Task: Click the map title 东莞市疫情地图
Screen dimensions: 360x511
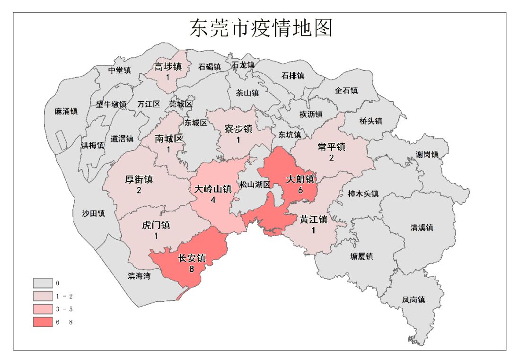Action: [261, 28]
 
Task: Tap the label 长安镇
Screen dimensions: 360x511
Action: [192, 258]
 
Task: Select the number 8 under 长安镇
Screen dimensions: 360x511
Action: [192, 269]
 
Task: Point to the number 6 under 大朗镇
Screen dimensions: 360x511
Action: [300, 190]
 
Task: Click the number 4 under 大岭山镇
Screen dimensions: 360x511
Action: [213, 200]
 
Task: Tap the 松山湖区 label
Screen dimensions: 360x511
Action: [255, 184]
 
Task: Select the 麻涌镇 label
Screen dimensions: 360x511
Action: [66, 112]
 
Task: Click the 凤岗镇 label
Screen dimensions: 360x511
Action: [414, 299]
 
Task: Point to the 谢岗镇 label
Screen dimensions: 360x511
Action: [427, 155]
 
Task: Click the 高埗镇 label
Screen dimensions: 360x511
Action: [168, 67]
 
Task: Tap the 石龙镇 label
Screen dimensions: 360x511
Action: [243, 64]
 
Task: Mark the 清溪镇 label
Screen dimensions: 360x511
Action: [422, 228]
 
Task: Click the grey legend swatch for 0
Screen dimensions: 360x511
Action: [42, 283]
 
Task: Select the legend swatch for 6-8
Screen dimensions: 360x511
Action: [42, 322]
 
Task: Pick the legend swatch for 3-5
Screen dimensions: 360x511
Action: [42, 309]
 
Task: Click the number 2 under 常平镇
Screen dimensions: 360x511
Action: [331, 158]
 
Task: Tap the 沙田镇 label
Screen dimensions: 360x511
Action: [93, 213]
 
